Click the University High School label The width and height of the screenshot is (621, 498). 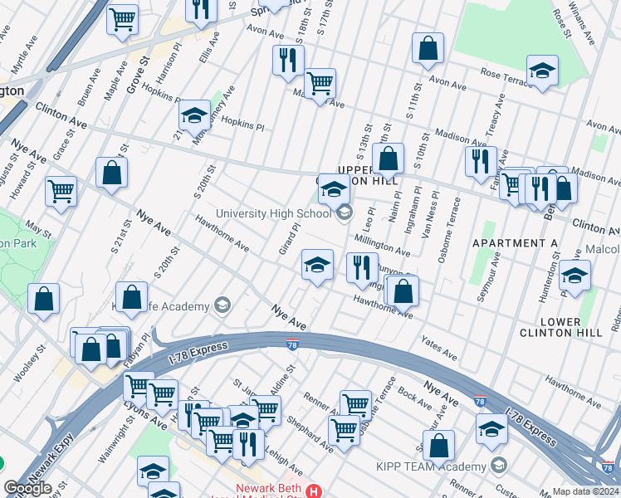point(274,213)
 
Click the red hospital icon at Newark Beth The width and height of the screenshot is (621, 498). point(313,491)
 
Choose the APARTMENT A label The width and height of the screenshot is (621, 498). point(515,243)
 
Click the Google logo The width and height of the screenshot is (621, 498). point(27,488)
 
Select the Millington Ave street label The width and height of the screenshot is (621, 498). point(382,244)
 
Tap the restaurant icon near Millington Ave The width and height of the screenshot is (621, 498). point(362,267)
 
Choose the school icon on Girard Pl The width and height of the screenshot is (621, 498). point(317,265)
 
